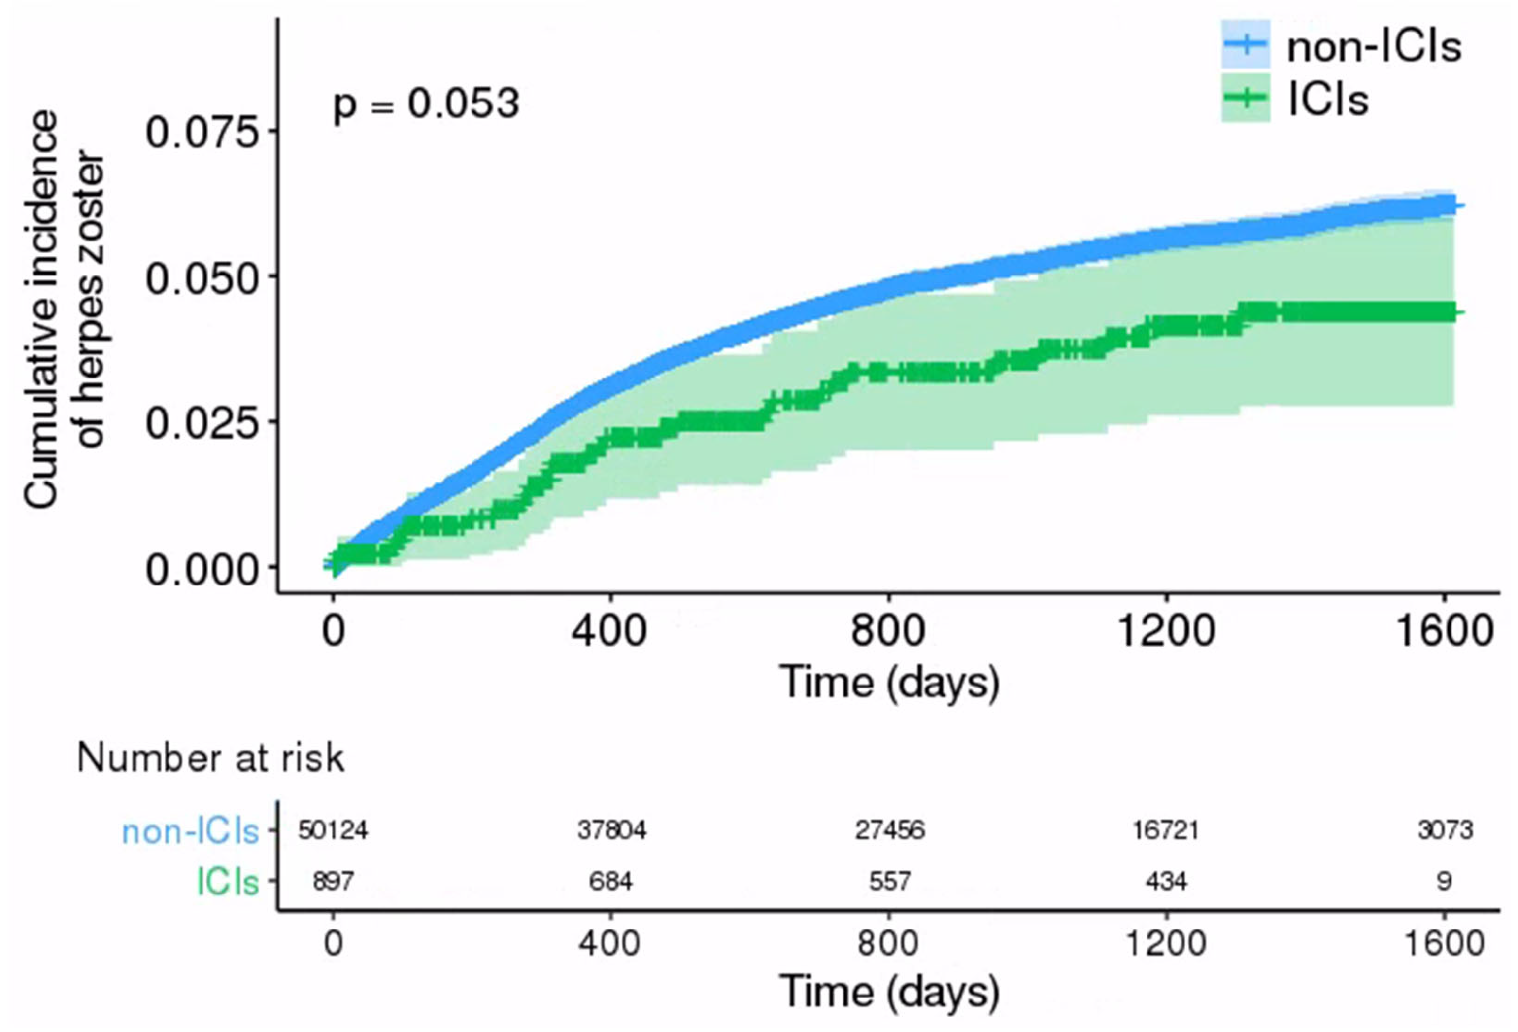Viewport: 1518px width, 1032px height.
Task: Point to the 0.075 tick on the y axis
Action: [201, 133]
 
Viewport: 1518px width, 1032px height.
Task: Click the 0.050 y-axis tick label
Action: [201, 279]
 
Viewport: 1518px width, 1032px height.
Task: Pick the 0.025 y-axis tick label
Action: [201, 424]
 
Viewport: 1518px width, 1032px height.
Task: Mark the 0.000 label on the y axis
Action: [201, 570]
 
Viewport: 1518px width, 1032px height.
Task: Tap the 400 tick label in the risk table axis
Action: [609, 944]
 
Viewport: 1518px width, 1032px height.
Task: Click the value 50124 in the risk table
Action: [333, 830]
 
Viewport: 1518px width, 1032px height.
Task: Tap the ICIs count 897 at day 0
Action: [333, 882]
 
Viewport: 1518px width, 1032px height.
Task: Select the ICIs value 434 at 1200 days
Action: [1166, 882]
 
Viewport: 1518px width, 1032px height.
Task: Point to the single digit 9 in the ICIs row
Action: [1444, 882]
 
